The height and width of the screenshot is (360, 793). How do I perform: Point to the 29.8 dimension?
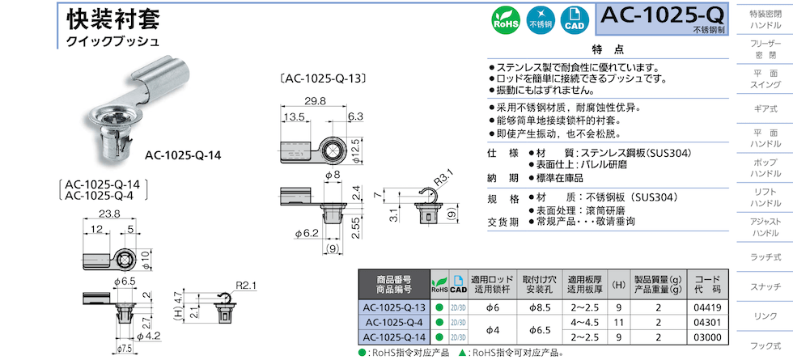[315, 101]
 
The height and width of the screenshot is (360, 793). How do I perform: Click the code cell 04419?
[706, 308]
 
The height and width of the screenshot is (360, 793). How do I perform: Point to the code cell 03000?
[706, 337]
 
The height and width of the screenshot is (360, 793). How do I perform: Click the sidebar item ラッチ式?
[765, 256]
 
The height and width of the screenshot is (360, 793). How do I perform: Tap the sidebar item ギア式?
[765, 108]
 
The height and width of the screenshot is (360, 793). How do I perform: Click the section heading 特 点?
[608, 50]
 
